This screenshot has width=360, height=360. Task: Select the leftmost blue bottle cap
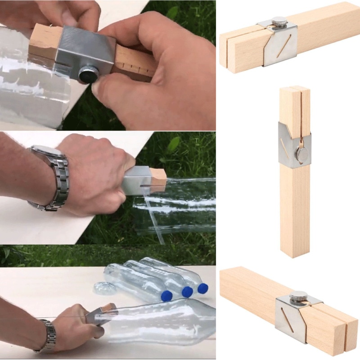[x=167, y=296]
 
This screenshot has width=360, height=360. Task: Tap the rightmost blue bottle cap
[x=202, y=288]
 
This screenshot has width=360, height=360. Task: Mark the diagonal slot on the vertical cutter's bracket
[x=285, y=146]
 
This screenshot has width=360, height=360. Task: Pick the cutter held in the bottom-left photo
[x=101, y=312]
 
